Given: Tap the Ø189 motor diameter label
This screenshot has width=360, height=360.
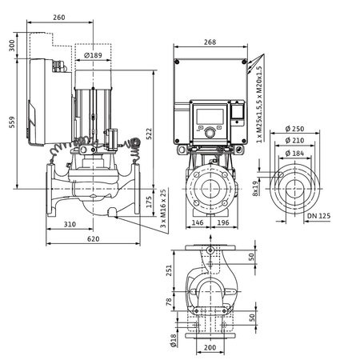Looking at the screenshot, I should [94, 55].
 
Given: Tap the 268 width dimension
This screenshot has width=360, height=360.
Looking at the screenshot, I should [210, 42].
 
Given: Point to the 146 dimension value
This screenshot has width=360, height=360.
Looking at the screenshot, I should [198, 225].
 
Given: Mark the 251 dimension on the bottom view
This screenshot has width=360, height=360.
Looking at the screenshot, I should [169, 271].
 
